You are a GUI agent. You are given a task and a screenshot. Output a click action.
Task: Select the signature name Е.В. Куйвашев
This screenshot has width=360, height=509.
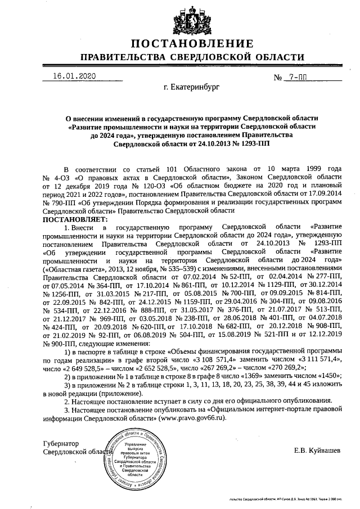tap(317, 450)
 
